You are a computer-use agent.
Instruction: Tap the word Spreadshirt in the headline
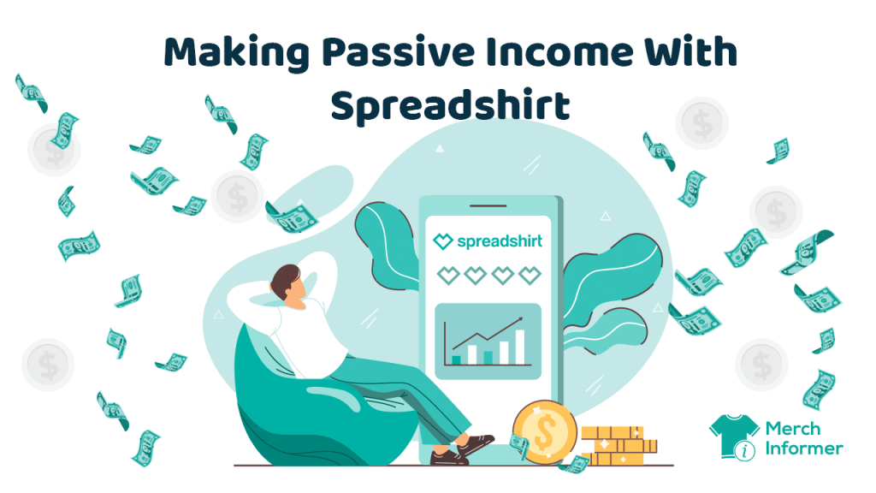coord(450,105)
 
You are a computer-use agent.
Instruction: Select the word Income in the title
coord(559,51)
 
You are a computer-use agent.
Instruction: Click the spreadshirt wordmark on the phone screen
coord(500,241)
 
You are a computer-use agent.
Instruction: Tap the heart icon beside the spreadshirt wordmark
coord(443,241)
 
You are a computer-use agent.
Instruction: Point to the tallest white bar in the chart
coord(519,347)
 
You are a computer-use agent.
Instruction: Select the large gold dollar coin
coord(544,432)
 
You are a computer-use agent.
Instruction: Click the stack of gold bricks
coord(619,445)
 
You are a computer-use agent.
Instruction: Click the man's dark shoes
coord(463,449)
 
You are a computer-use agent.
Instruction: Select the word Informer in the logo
coord(803,448)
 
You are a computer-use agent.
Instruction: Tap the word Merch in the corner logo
coord(793,429)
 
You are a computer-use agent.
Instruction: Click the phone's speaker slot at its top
coord(488,205)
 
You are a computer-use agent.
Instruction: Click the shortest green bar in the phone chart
coord(456,360)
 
